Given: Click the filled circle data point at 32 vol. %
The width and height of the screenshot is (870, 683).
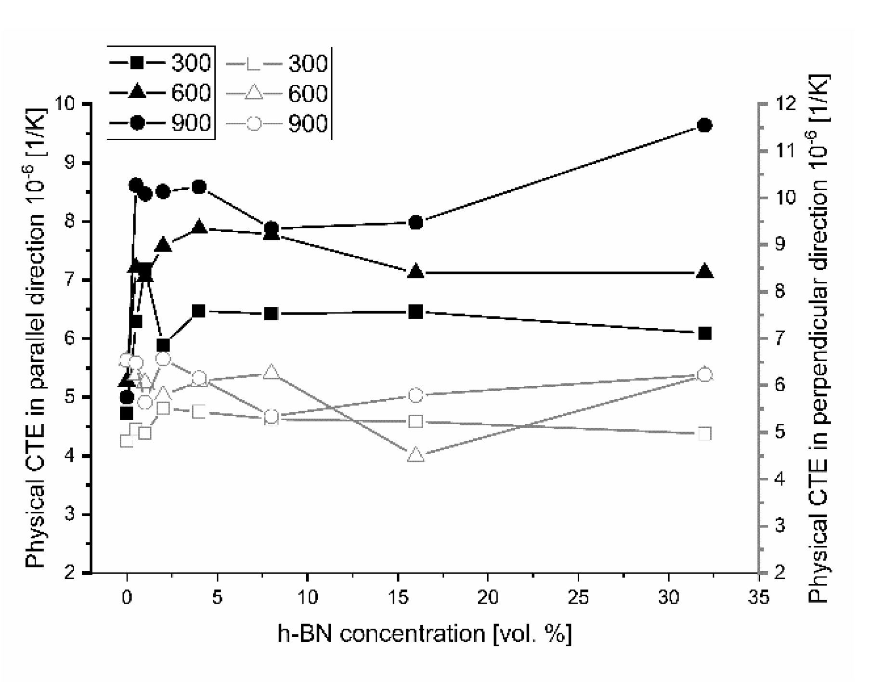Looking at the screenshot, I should [x=704, y=126].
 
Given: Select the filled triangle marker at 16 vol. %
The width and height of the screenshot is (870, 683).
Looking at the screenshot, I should [x=416, y=272].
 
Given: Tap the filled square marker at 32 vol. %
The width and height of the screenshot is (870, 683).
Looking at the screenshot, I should [x=704, y=334].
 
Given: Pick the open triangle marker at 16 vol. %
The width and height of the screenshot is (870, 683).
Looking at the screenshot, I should [x=416, y=455].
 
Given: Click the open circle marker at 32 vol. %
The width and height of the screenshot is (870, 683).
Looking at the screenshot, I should [x=704, y=375].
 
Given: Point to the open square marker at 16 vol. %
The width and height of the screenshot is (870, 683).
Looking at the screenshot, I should [x=416, y=421].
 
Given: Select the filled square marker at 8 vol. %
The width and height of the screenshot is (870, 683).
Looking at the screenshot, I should [x=272, y=314].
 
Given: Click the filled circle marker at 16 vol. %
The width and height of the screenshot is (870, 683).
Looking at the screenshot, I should [x=416, y=223].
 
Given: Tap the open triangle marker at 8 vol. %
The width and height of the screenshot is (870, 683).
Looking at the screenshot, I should [x=272, y=372].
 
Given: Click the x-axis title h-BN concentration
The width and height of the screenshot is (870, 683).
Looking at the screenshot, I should [x=425, y=633].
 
